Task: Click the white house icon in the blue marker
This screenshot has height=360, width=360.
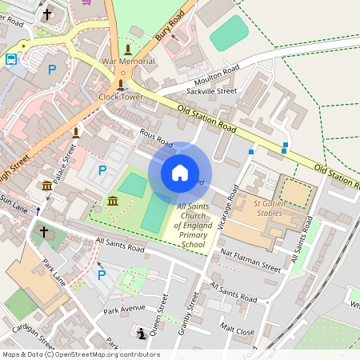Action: click(180, 173)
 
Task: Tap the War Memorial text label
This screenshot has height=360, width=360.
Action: click(126, 62)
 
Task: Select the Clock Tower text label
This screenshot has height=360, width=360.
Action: click(121, 97)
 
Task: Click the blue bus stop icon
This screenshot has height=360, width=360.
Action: click(12, 59)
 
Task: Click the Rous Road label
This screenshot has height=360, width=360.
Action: click(156, 139)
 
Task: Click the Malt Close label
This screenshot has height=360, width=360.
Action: click(238, 329)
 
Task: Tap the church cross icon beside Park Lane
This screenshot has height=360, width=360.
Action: click(44, 232)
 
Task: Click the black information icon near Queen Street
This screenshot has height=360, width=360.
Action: click(142, 333)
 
